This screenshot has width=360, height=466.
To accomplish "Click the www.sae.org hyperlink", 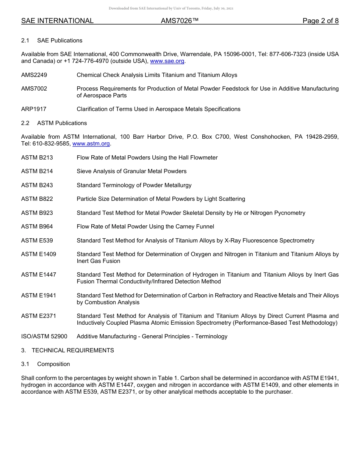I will pyautogui.click(x=167, y=61).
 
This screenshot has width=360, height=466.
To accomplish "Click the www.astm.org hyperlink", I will pyautogui.click(x=91, y=144).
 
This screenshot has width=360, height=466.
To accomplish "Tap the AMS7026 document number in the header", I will pyautogui.click(x=180, y=21).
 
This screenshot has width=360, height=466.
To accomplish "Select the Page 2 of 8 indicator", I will pyautogui.click(x=320, y=21).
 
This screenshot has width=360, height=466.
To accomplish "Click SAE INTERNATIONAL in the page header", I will pyautogui.click(x=57, y=21).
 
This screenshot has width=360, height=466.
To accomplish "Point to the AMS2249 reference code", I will pyautogui.click(x=34, y=75).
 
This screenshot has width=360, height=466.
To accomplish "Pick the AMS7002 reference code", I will pyautogui.click(x=34, y=89).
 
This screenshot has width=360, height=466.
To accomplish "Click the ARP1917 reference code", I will pyautogui.click(x=34, y=109).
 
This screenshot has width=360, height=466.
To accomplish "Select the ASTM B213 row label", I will pyautogui.click(x=37, y=158).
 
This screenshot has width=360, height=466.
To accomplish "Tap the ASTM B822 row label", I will pyautogui.click(x=37, y=199).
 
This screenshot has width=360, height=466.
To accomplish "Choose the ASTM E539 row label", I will pyautogui.click(x=37, y=241).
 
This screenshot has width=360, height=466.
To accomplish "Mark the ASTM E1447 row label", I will pyautogui.click(x=38, y=275).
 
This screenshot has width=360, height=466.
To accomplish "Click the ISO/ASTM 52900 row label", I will pyautogui.click(x=44, y=336).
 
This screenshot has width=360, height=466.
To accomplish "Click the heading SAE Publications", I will pyautogui.click(x=59, y=41).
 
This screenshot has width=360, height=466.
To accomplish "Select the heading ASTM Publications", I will pyautogui.click(x=62, y=123).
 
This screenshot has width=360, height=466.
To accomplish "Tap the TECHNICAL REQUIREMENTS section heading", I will pyautogui.click(x=73, y=350).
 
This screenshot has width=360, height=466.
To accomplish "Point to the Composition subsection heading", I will pyautogui.click(x=53, y=364).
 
